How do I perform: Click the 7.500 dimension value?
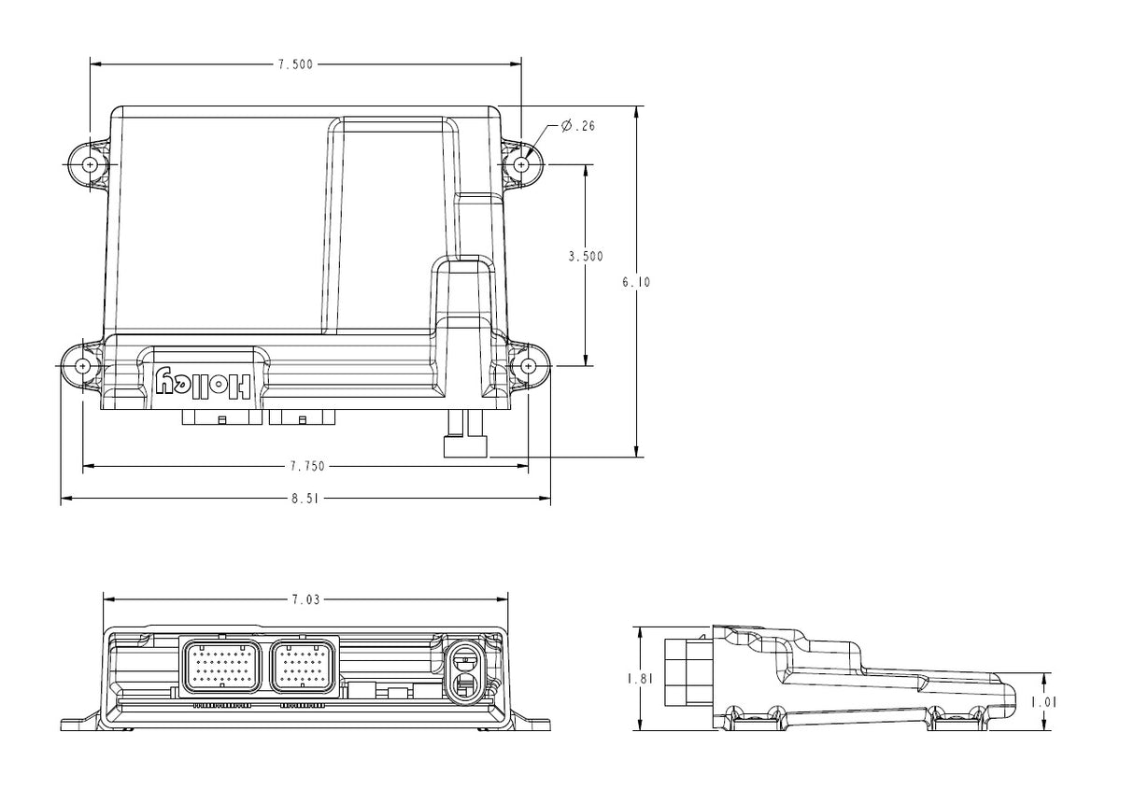tap(295, 64)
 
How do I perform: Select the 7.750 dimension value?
tap(306, 466)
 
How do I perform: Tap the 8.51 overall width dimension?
tap(306, 500)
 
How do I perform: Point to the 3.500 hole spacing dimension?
tap(586, 257)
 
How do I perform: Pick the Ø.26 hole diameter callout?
tap(578, 126)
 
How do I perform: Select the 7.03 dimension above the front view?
tap(305, 600)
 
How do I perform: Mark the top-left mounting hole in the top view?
tap(90, 164)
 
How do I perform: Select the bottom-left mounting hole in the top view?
tap(82, 365)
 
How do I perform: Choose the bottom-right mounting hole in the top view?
tap(529, 365)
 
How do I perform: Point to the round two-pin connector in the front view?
tap(463, 670)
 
